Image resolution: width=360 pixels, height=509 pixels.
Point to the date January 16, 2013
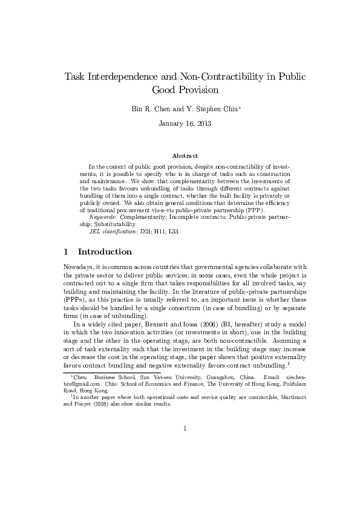tap(180, 123)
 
